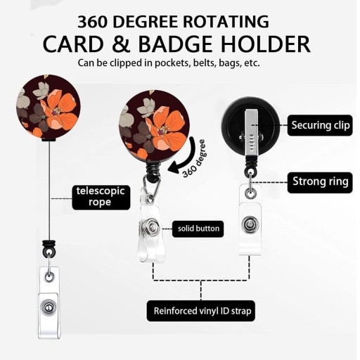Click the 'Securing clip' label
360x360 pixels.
(x=320, y=125)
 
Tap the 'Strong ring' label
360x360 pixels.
(x=320, y=182)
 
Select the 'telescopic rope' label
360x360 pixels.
(x=101, y=198)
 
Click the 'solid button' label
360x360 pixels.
(x=198, y=229)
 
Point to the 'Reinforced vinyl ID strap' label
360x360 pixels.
(x=201, y=311)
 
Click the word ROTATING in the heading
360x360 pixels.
(x=226, y=22)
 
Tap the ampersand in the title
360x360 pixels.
(x=121, y=44)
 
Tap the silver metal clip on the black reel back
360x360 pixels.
(x=252, y=133)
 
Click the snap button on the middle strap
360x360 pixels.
(x=152, y=227)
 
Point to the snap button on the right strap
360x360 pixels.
(x=250, y=225)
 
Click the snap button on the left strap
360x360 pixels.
(x=49, y=307)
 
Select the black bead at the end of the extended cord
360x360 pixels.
(x=49, y=247)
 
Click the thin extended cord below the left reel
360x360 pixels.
(x=49, y=191)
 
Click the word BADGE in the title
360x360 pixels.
(x=176, y=44)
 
